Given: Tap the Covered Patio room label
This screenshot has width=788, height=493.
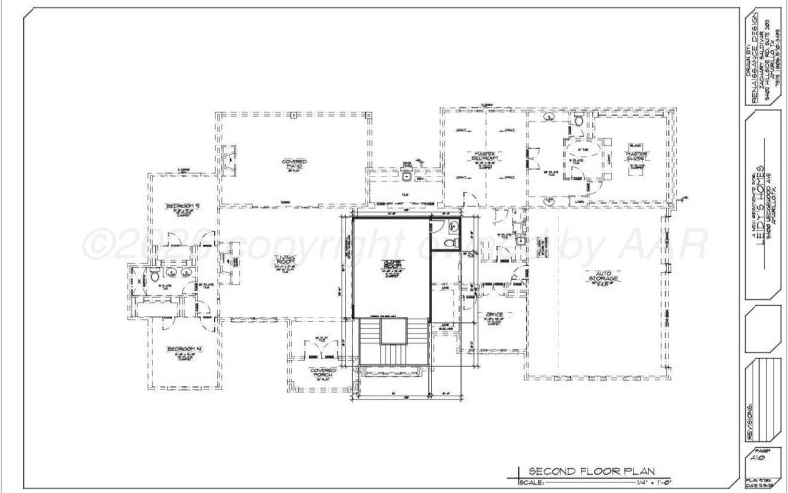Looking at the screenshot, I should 294,164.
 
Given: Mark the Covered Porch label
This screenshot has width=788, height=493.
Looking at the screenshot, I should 322,373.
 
